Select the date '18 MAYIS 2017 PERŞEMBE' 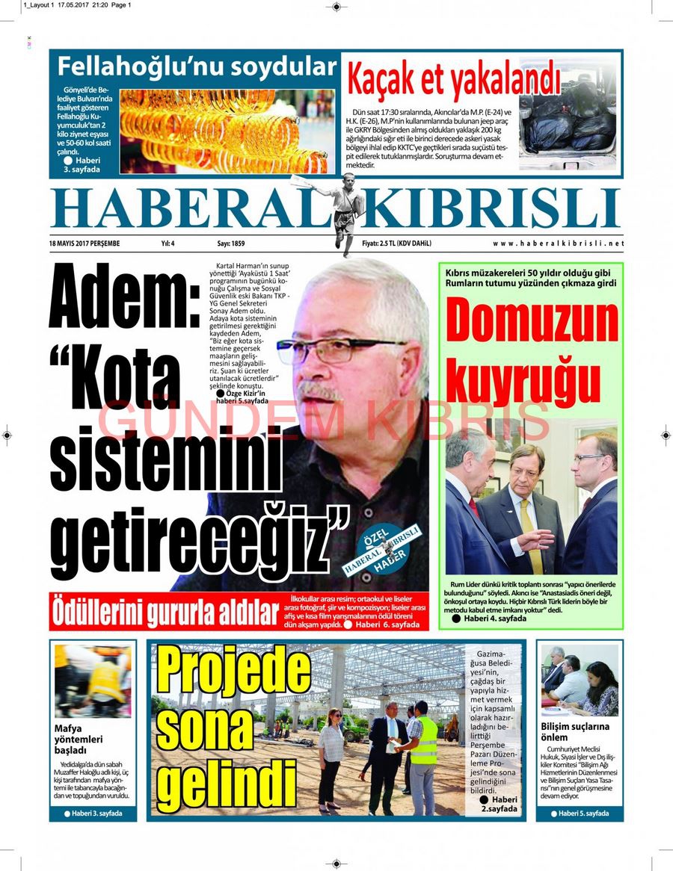(x=84, y=244)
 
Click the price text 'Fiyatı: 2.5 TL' (x=396, y=244)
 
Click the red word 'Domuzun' (x=532, y=323)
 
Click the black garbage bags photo (x=568, y=120)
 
